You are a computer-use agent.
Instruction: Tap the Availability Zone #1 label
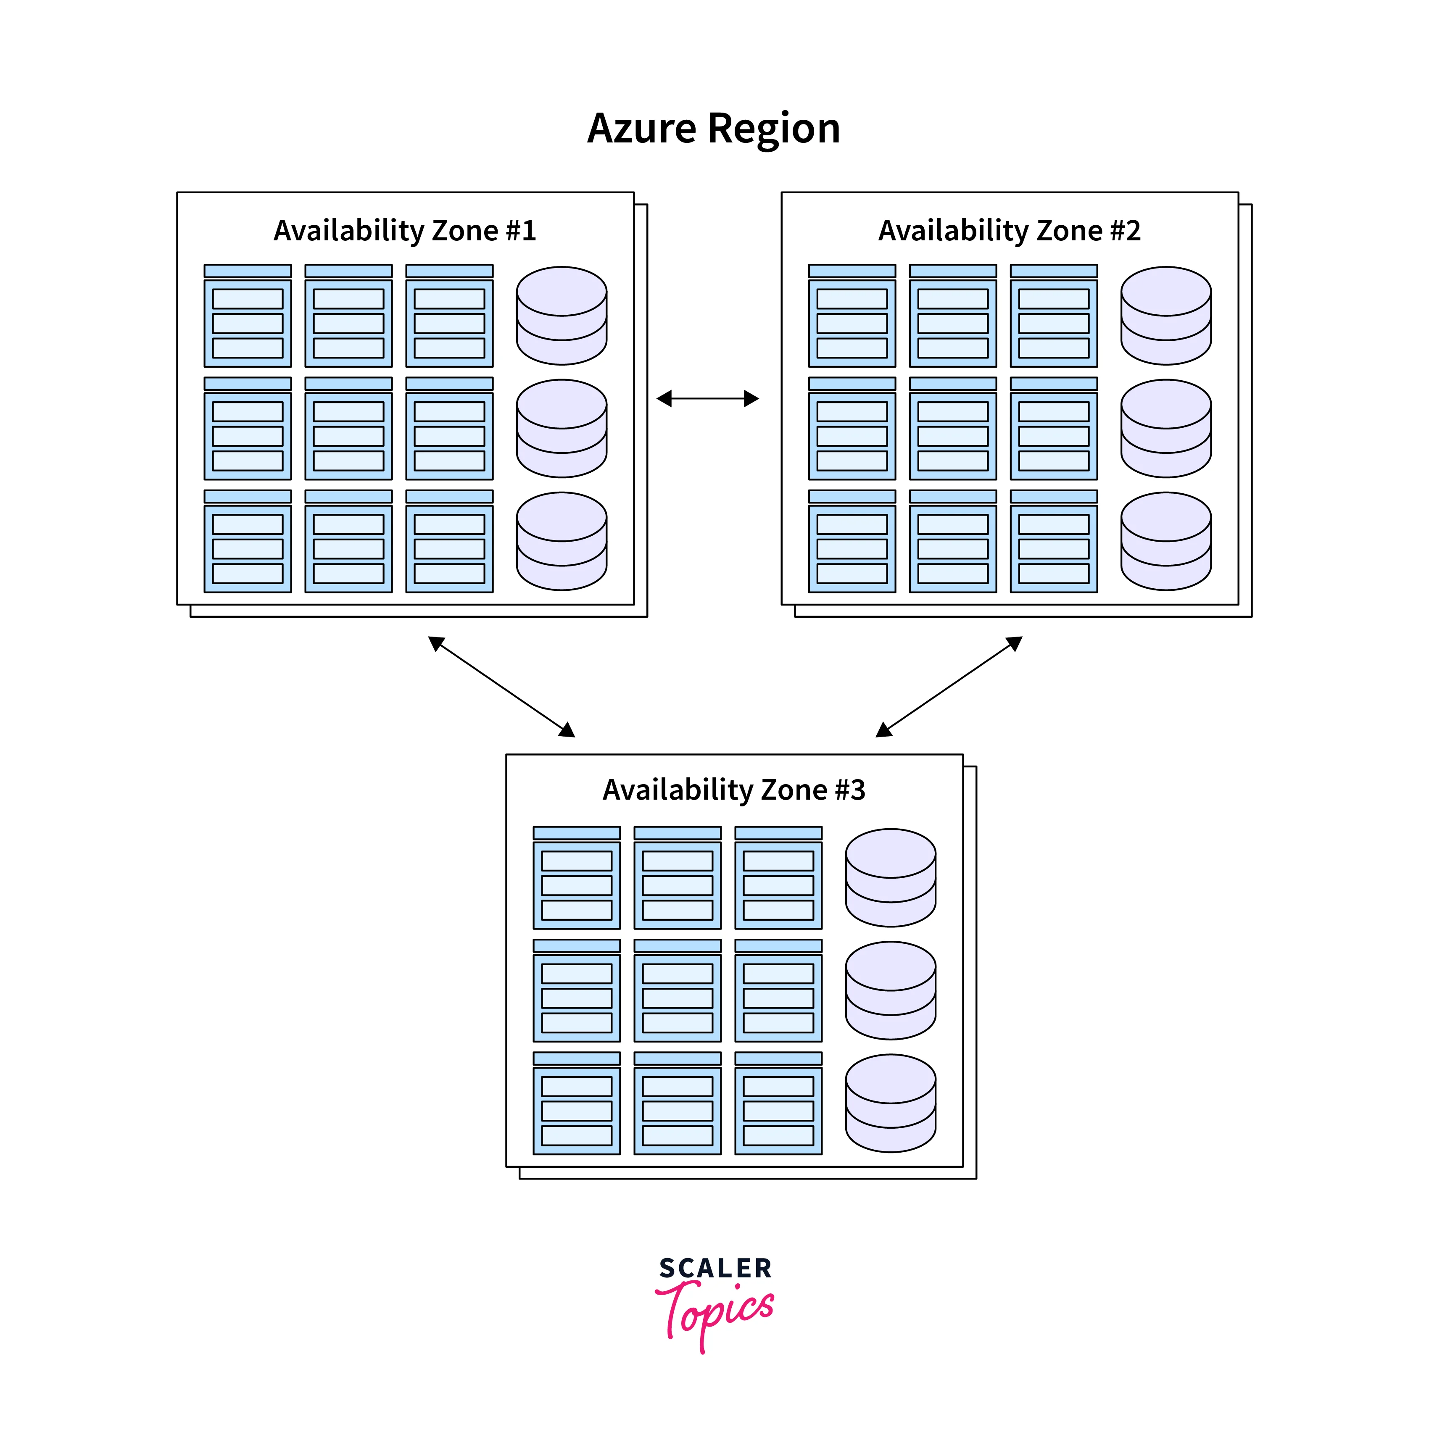(x=405, y=231)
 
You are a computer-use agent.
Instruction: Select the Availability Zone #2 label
(x=1010, y=231)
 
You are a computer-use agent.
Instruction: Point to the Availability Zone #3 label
(x=734, y=790)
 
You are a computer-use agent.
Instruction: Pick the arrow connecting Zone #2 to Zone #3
(x=949, y=686)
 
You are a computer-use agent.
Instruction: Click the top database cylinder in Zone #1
(x=562, y=316)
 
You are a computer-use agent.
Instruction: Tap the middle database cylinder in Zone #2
(x=1165, y=429)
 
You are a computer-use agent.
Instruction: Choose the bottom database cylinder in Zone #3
(x=891, y=1104)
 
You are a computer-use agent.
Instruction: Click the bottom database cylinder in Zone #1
(x=562, y=542)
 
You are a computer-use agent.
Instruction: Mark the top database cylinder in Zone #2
(x=1165, y=316)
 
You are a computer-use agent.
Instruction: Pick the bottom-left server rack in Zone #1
(x=247, y=542)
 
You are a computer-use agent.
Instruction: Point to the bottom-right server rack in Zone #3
(x=778, y=1104)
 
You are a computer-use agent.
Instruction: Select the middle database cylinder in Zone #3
(x=891, y=991)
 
